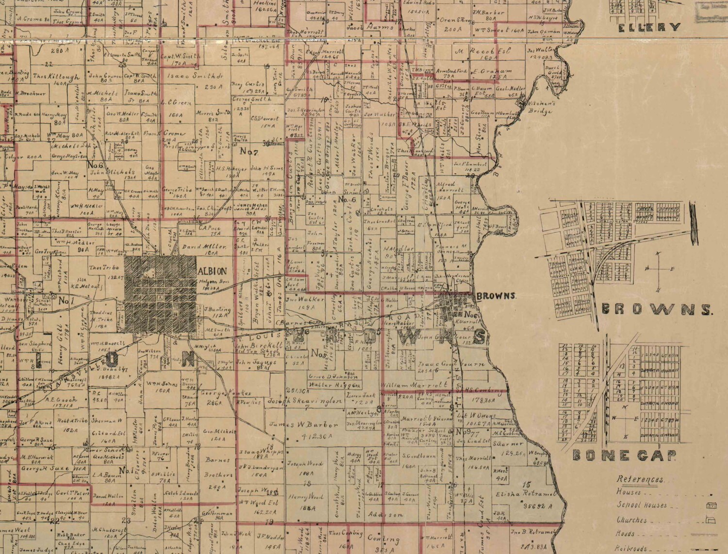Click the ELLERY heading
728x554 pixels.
point(649,27)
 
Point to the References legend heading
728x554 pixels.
point(640,479)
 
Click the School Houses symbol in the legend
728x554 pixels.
point(712,505)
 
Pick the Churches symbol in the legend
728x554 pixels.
point(712,521)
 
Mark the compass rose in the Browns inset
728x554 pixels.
point(658,271)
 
